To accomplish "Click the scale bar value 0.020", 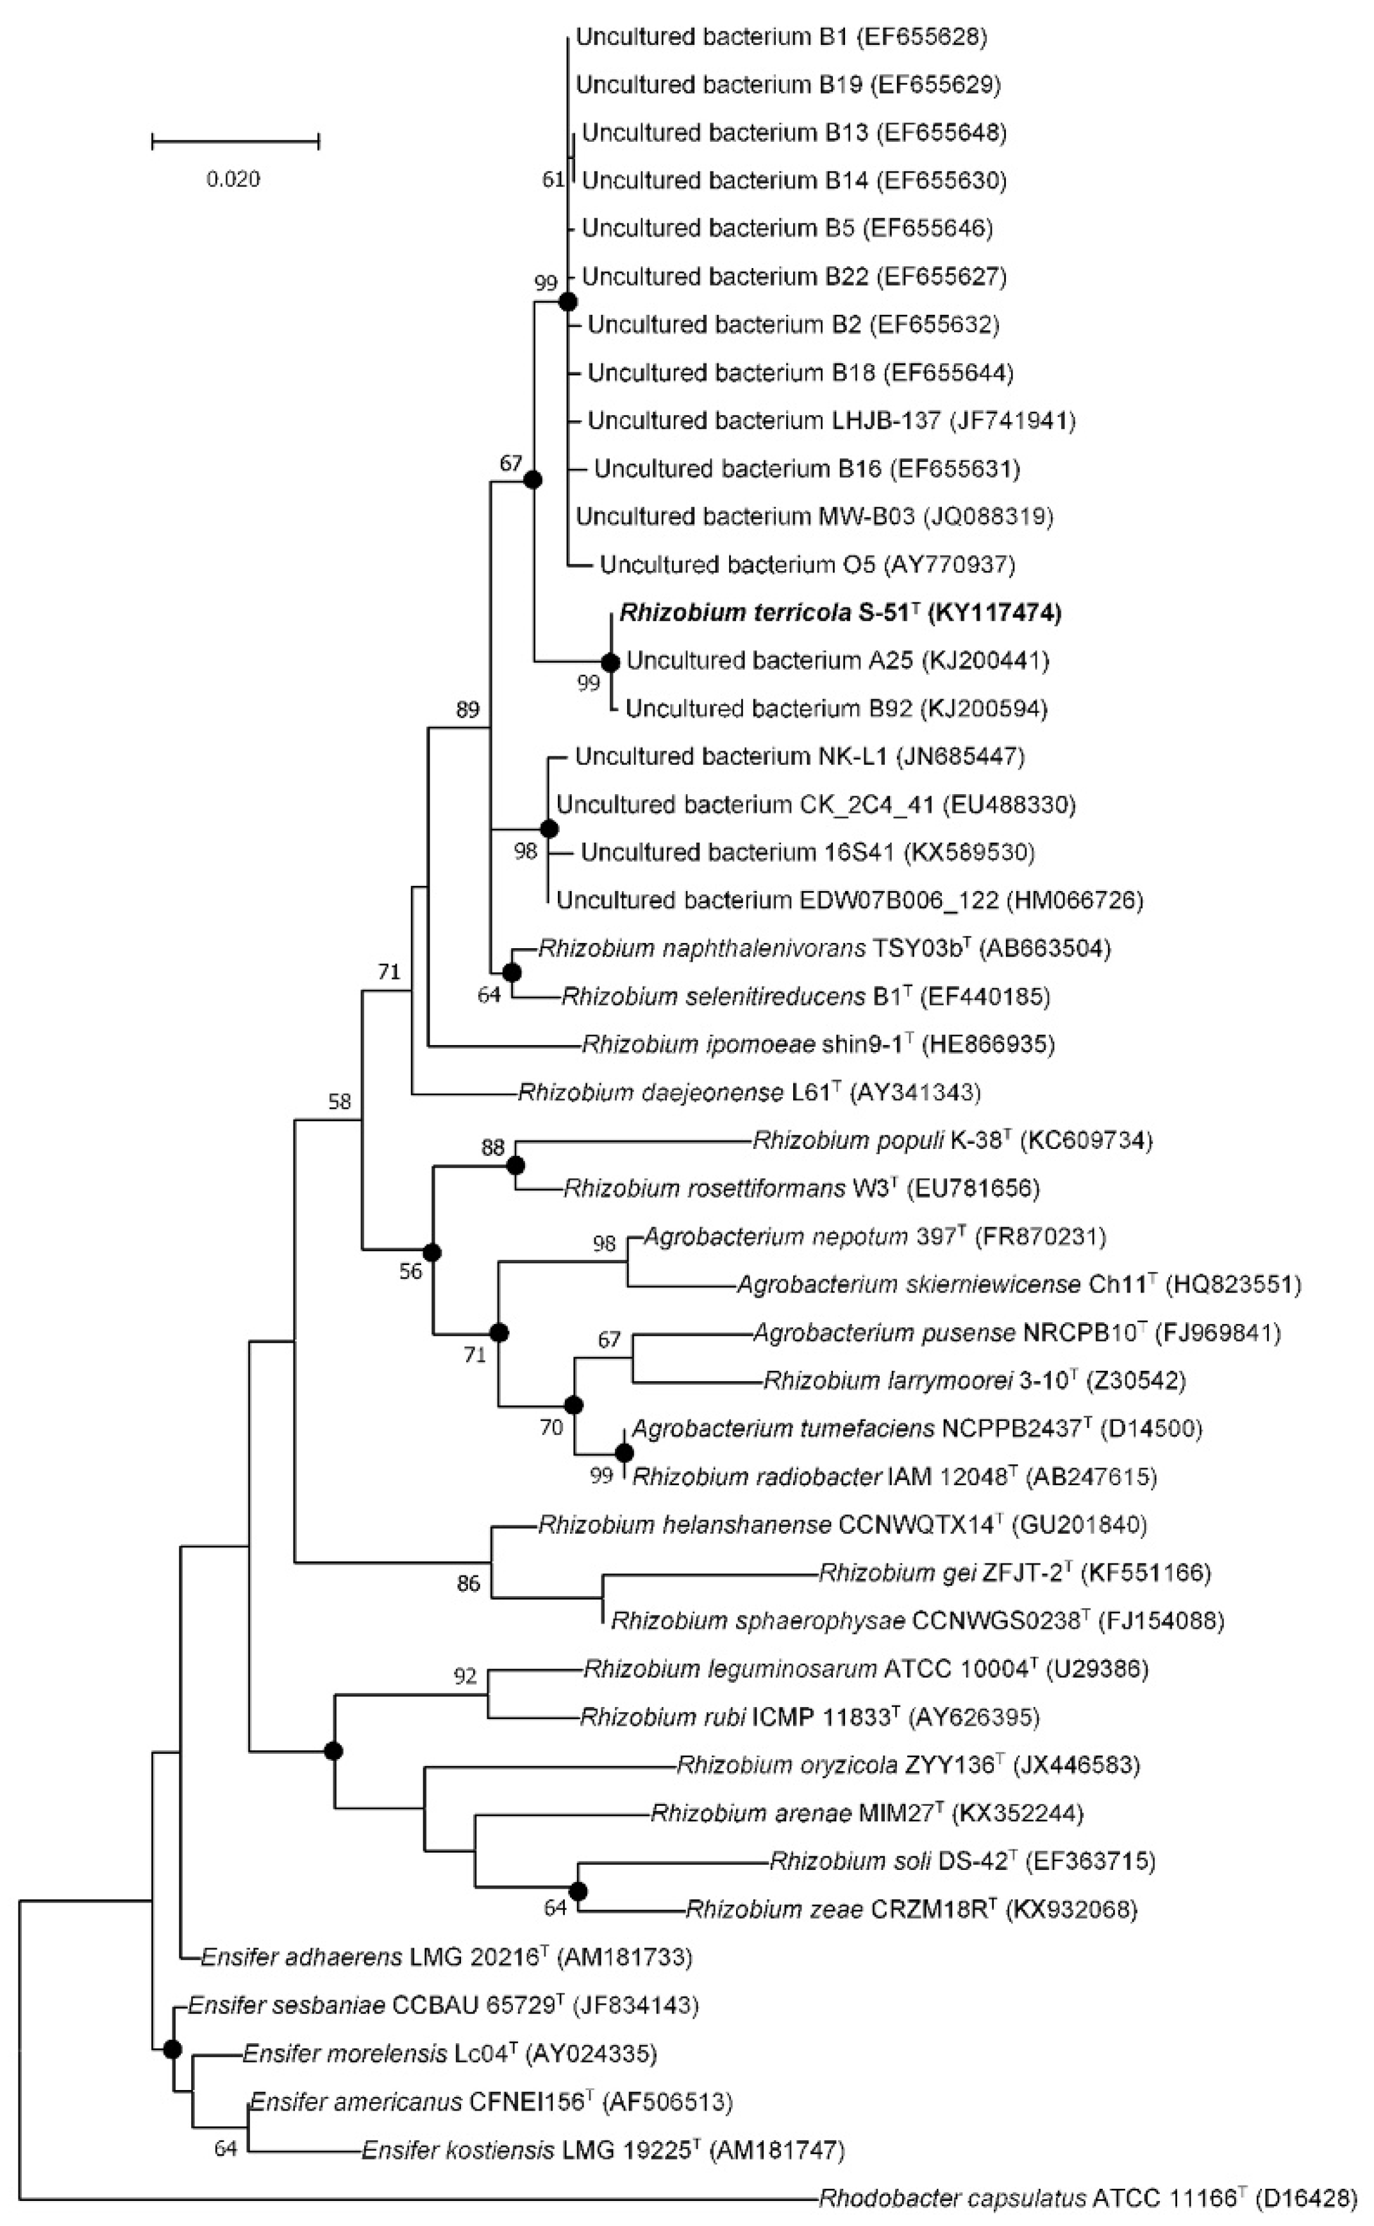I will click(233, 179).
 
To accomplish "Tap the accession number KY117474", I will click(995, 613).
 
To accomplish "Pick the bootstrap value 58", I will click(339, 1101).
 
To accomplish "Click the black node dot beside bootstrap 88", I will click(516, 1164).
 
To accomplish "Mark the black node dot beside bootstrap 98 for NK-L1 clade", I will click(548, 828).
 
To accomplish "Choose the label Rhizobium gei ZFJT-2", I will click(946, 1572).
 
